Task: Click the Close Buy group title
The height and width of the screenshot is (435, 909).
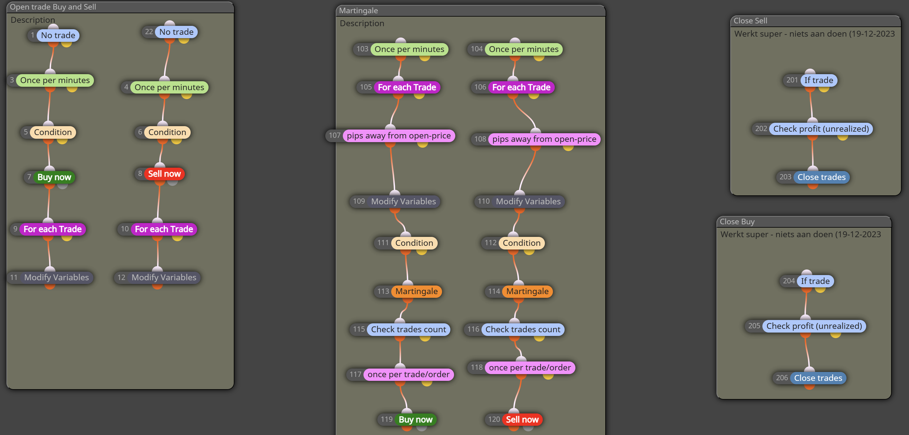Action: tap(737, 222)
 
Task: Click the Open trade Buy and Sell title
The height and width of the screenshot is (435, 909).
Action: tap(53, 7)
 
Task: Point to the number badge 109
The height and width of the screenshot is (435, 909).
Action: tap(359, 201)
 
